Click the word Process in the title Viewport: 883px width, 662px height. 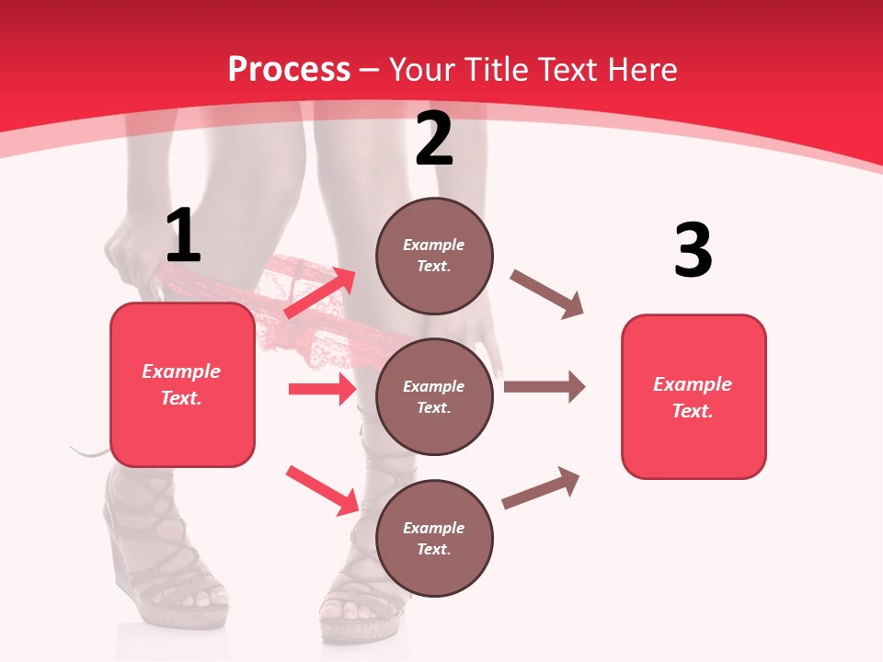point(289,69)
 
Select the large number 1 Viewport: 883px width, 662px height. point(182,236)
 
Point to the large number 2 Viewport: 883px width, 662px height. point(434,139)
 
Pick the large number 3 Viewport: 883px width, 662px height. point(693,250)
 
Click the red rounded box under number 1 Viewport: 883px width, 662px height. point(182,384)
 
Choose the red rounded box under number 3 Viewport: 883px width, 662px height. point(694,397)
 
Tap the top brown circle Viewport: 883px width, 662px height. point(434,256)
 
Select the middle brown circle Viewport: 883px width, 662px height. point(434,397)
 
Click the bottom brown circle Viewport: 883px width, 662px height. point(434,539)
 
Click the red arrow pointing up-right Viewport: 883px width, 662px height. point(319,292)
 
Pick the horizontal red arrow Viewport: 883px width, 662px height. point(322,389)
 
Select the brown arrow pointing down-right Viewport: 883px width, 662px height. point(547,294)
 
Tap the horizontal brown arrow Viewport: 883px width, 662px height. point(544,386)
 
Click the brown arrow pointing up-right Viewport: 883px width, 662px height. point(541,488)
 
